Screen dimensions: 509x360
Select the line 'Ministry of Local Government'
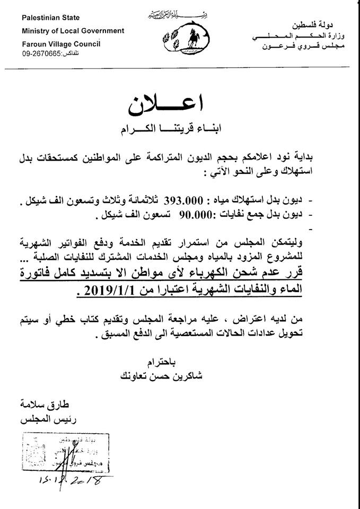point(73,31)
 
